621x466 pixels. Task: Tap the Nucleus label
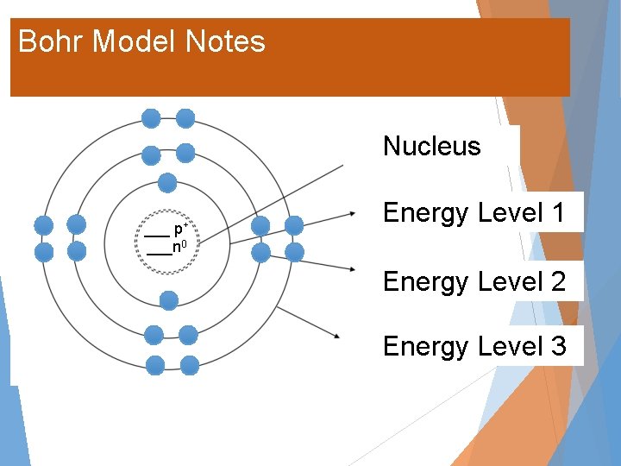(x=431, y=146)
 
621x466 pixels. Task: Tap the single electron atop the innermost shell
(x=167, y=182)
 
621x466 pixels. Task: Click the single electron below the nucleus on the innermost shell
(x=169, y=300)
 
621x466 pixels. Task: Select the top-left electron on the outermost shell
(x=151, y=118)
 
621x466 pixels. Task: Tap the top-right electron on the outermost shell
(x=185, y=118)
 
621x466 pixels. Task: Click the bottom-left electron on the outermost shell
(x=155, y=365)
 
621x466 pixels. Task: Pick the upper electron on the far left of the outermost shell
(x=43, y=225)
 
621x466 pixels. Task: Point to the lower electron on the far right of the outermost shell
(x=294, y=252)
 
